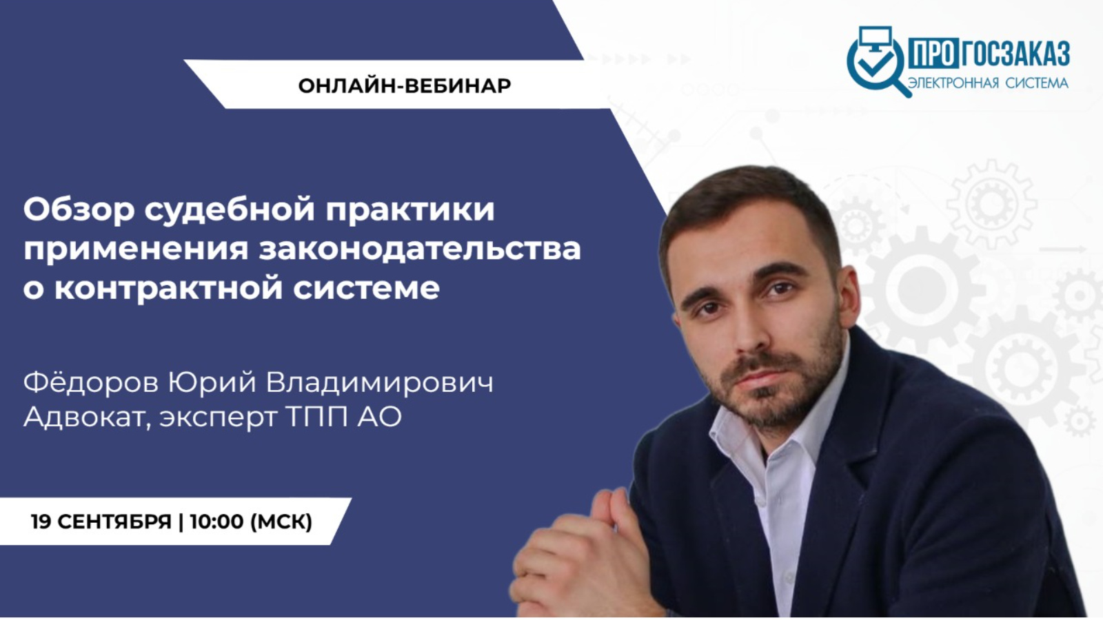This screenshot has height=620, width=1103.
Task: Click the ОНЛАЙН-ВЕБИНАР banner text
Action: pyautogui.click(x=405, y=85)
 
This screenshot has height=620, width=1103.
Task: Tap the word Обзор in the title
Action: pyautogui.click(x=79, y=209)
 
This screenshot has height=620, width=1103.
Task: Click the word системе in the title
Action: pyautogui.click(x=366, y=288)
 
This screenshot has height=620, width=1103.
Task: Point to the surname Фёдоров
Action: pyautogui.click(x=90, y=382)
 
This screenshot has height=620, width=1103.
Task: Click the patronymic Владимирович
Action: pyautogui.click(x=380, y=382)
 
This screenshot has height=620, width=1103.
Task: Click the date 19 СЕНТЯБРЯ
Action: pyautogui.click(x=101, y=521)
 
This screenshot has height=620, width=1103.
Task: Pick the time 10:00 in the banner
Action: pyautogui.click(x=216, y=521)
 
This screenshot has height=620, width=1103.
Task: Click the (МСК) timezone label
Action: pyautogui.click(x=281, y=521)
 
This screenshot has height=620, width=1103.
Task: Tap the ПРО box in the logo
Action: pyautogui.click(x=933, y=53)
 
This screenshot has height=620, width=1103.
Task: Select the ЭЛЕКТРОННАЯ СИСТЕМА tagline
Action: pyautogui.click(x=988, y=83)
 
